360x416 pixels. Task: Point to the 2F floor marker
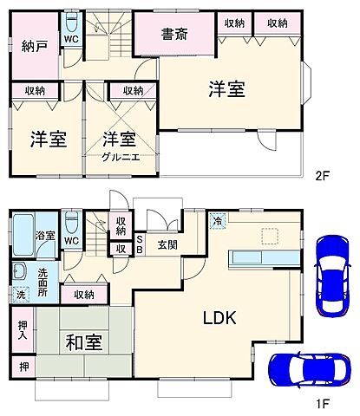point(323,176)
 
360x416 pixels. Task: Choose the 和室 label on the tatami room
point(84,341)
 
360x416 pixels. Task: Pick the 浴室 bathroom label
point(44,235)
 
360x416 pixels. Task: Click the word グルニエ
point(116,156)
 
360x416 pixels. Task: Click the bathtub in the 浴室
point(23,234)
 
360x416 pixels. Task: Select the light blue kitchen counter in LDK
point(265,257)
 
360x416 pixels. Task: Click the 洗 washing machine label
point(21,295)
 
